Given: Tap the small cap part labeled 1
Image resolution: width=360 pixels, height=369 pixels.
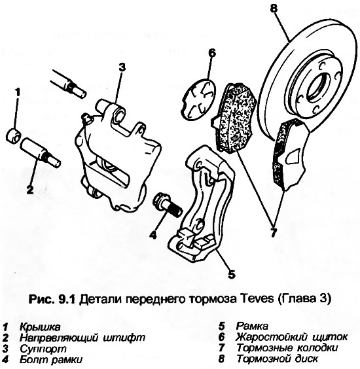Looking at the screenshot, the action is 14,136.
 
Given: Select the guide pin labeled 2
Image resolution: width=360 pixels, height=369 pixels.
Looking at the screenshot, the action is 40,153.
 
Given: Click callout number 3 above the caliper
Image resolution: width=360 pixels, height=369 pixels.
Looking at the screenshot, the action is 122,68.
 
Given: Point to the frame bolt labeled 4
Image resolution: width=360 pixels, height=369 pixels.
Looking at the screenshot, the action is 168,204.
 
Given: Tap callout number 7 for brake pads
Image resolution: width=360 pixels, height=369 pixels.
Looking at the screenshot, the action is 273,231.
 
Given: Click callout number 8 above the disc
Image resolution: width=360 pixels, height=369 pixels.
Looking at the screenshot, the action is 273,9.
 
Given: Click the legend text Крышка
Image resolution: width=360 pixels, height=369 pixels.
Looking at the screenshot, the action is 40,327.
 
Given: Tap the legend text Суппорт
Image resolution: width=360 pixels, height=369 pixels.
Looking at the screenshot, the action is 43,348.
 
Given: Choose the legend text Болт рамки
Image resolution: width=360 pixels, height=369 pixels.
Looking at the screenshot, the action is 51,359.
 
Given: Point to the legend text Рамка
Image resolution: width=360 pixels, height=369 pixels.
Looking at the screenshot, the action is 252,326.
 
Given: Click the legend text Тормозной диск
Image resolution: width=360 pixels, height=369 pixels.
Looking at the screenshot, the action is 277,359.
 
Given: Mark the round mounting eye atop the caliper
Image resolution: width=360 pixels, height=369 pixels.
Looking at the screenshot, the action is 118,115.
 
